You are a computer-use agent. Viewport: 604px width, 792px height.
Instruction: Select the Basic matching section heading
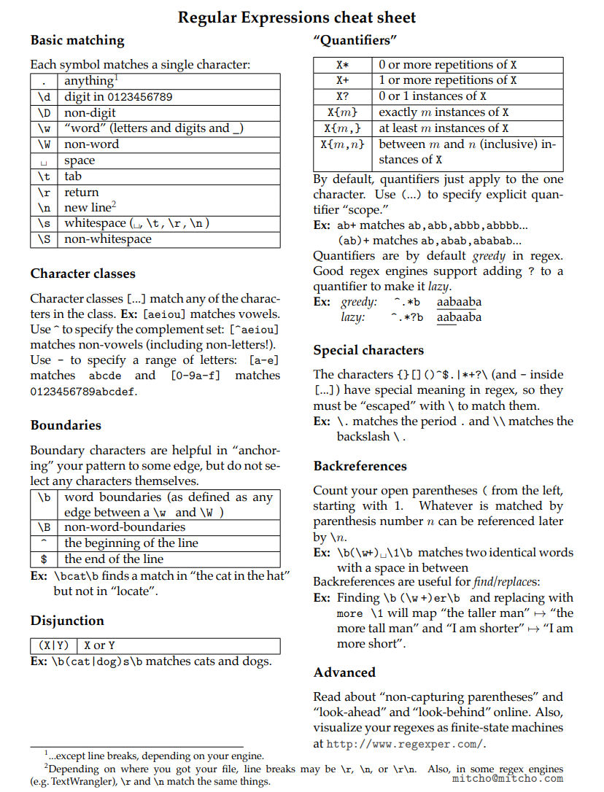(x=77, y=41)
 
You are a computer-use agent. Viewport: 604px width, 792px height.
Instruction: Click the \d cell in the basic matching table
(x=44, y=97)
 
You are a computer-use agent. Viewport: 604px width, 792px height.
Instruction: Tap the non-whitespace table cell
(x=108, y=239)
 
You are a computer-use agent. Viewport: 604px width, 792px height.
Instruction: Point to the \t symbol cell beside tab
(x=44, y=176)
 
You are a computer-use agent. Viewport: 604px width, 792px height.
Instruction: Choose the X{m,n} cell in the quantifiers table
(x=342, y=144)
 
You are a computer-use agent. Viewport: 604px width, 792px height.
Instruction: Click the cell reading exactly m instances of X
(x=444, y=112)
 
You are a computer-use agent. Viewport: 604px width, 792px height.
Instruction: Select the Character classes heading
(x=82, y=274)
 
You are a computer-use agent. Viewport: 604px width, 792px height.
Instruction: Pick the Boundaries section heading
(x=66, y=425)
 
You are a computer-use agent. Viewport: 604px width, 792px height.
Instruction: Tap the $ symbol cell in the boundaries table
(x=44, y=559)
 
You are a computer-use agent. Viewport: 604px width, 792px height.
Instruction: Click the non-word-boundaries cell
(x=125, y=527)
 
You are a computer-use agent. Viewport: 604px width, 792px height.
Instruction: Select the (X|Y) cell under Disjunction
(x=54, y=645)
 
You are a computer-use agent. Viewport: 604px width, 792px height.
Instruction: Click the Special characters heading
(x=368, y=350)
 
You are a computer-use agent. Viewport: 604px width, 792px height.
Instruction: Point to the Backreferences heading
(x=360, y=466)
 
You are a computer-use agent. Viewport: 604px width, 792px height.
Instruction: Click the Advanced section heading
(x=344, y=672)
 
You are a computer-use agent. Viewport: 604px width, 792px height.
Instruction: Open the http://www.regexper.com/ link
(x=404, y=745)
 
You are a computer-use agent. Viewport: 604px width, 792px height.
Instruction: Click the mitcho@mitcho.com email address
(x=508, y=778)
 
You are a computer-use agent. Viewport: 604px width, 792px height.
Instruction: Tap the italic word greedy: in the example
(x=359, y=302)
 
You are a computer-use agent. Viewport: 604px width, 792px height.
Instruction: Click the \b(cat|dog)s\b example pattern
(x=97, y=662)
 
